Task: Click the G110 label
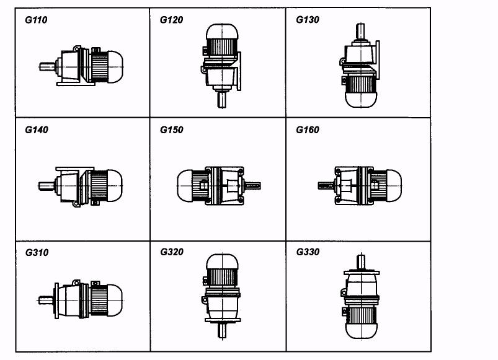tap(36, 20)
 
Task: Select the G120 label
tap(172, 20)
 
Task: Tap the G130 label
tap(308, 20)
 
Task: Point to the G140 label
tap(37, 130)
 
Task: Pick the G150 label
tap(172, 130)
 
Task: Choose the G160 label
tap(308, 130)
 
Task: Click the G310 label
tap(37, 252)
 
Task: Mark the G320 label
tap(172, 252)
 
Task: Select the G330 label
tap(308, 252)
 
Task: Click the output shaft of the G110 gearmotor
tap(47, 66)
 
